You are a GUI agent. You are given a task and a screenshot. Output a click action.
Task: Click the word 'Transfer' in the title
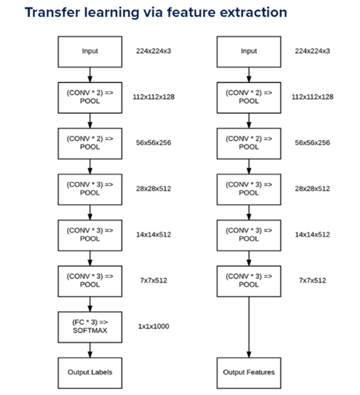point(52,12)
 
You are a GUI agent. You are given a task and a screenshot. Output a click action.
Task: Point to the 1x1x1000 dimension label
point(154,327)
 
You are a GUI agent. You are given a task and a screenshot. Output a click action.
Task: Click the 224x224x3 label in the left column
point(154,51)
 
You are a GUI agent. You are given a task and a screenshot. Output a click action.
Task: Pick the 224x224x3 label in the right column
point(313,51)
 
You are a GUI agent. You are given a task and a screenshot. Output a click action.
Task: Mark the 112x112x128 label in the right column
point(313,97)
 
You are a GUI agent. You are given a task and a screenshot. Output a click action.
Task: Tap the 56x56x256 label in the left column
point(154,143)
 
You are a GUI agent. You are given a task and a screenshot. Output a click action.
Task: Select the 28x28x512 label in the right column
point(313,189)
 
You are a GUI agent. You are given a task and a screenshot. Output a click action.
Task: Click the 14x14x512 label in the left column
point(154,234)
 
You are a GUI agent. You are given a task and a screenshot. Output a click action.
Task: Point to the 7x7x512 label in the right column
point(313,280)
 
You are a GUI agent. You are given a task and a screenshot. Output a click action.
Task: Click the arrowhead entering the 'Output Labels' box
point(90,354)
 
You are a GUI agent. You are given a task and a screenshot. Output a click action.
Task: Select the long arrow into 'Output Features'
point(249,327)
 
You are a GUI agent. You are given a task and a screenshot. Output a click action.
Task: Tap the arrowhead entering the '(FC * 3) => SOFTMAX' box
point(90,308)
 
